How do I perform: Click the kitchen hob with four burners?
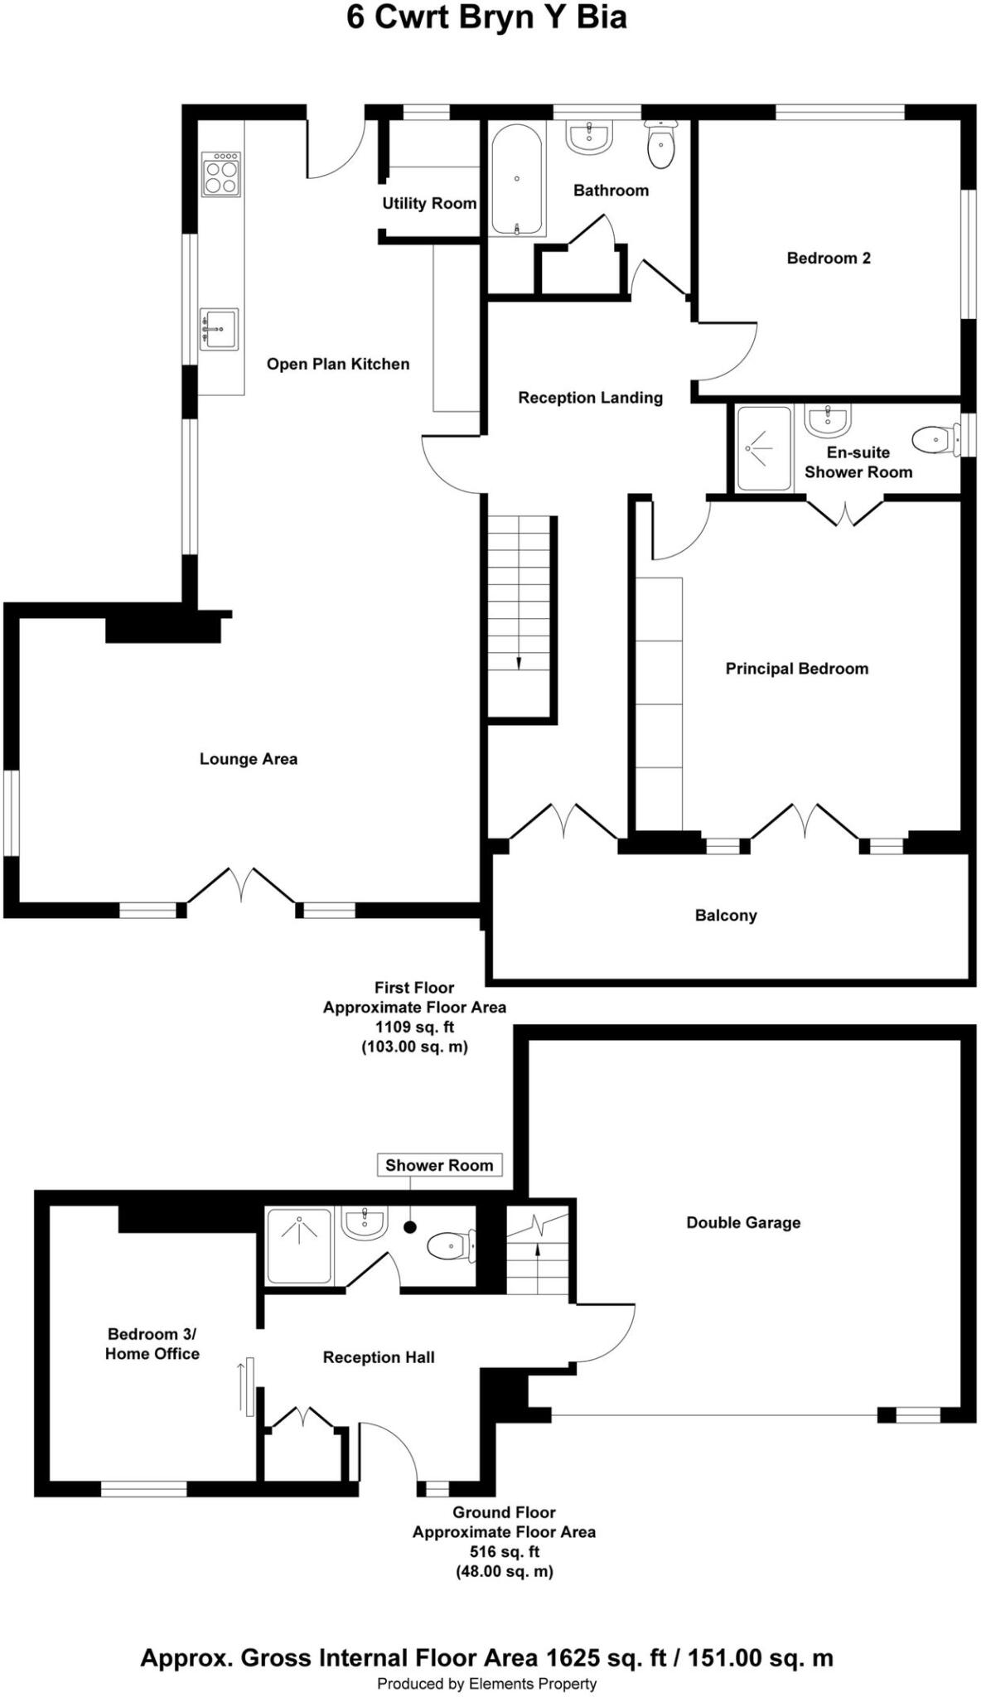pos(220,174)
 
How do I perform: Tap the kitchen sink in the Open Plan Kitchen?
pos(219,329)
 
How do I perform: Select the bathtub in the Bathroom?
pos(516,179)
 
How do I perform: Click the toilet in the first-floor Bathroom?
pos(660,145)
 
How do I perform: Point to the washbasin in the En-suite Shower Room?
pos(827,420)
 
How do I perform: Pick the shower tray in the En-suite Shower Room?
pos(763,448)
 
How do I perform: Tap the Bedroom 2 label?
pos(829,258)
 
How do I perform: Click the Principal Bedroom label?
pos(797,669)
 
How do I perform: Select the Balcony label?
pos(726,916)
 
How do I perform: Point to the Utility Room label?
pos(429,203)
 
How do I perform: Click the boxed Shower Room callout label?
pos(439,1165)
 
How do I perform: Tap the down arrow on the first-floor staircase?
pos(519,662)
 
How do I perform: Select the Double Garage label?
pos(743,1222)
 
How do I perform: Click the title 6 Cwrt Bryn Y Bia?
pos(486,18)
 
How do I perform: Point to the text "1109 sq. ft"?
pos(414,1027)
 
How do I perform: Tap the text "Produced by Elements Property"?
pos(486,1684)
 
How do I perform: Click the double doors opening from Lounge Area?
pos(241,885)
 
